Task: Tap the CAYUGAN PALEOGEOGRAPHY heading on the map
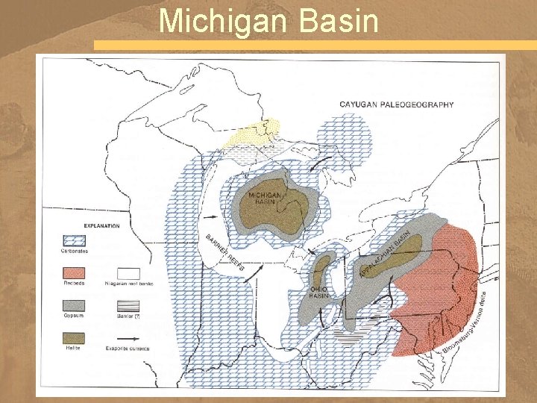click(x=396, y=104)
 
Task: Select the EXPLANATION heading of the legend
click(x=101, y=225)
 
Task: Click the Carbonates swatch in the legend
click(x=74, y=241)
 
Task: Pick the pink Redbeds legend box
click(x=74, y=273)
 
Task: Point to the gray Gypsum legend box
click(x=74, y=305)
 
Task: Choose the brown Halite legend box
click(x=74, y=337)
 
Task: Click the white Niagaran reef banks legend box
click(x=128, y=273)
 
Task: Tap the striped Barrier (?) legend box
click(x=128, y=305)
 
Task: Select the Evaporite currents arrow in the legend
click(x=128, y=338)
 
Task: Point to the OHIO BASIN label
click(x=318, y=291)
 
